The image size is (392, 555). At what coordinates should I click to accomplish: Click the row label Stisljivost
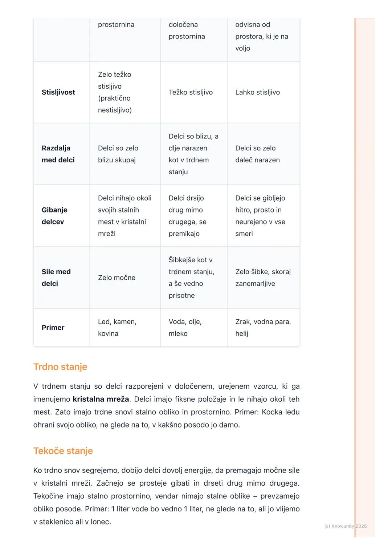click(x=58, y=92)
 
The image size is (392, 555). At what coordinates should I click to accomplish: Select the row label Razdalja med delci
click(x=58, y=154)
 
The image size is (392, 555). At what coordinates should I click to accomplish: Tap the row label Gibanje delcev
click(x=54, y=216)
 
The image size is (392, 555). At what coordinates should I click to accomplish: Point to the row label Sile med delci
click(x=56, y=277)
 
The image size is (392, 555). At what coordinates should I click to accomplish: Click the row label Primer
click(x=53, y=328)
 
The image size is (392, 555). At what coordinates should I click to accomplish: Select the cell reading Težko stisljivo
click(x=191, y=92)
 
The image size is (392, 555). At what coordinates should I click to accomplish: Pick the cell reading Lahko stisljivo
click(x=257, y=92)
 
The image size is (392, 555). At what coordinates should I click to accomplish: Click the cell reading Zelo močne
click(x=117, y=277)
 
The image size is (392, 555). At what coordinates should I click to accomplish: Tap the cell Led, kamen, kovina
click(x=117, y=328)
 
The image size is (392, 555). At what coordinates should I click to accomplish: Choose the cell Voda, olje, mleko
click(x=185, y=328)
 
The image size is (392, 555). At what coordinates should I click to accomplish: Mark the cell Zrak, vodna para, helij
click(x=263, y=328)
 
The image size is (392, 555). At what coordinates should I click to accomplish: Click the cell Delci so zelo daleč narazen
click(x=257, y=154)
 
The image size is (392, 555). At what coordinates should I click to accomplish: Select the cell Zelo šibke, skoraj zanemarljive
click(x=263, y=277)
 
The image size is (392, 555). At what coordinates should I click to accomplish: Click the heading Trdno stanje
click(x=60, y=367)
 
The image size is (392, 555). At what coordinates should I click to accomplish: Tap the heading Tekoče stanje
click(x=63, y=451)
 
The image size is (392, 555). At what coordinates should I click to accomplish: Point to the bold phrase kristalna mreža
click(x=101, y=399)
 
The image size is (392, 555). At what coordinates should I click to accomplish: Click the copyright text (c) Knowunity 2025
click(x=345, y=526)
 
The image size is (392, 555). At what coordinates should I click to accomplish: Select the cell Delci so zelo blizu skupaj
click(x=118, y=154)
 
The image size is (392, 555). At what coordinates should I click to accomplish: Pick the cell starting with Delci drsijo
click(x=187, y=216)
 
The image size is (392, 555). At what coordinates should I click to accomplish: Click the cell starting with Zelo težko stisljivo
click(x=115, y=92)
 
